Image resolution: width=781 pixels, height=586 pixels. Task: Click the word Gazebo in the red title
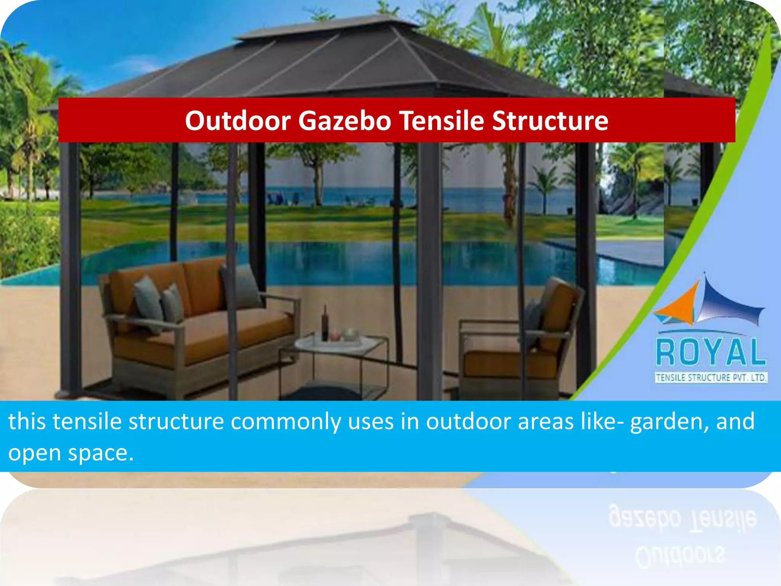pos(344,121)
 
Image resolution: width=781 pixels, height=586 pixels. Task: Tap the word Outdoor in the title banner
pos(238,121)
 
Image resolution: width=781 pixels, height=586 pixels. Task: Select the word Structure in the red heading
pos(550,121)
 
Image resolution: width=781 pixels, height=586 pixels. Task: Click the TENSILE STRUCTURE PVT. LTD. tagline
pos(711,378)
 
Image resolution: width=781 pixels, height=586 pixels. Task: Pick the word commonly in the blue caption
pos(286,422)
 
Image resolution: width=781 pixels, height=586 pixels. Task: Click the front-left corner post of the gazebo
pos(70,267)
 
